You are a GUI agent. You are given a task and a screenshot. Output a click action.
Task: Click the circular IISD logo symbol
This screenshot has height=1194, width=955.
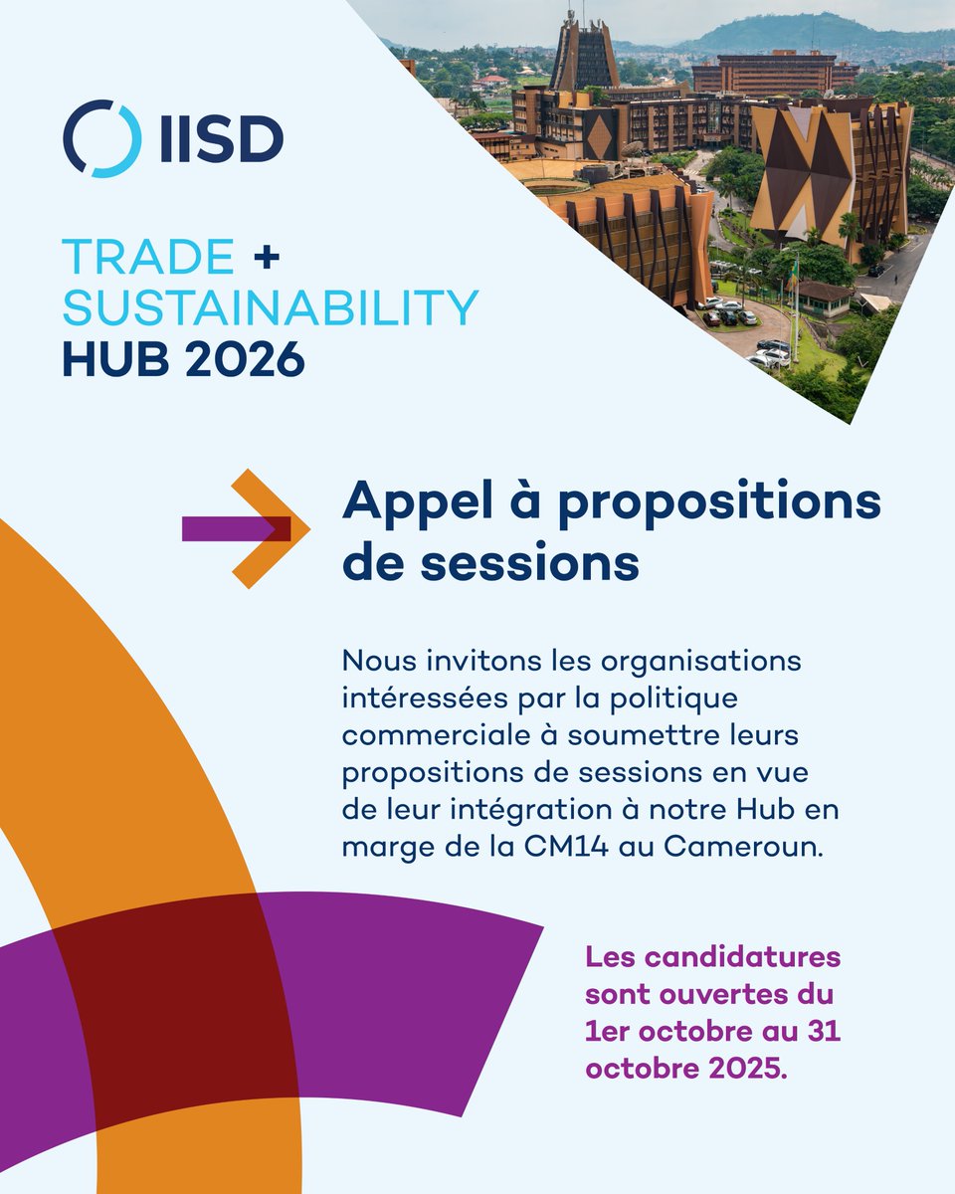pyautogui.click(x=101, y=138)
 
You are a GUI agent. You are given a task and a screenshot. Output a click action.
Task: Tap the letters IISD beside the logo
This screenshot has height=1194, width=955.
pyautogui.click(x=221, y=139)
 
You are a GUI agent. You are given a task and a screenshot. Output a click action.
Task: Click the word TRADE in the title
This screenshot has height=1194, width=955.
pyautogui.click(x=148, y=259)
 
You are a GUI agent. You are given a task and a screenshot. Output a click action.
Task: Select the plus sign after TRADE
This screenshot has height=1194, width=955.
pyautogui.click(x=266, y=259)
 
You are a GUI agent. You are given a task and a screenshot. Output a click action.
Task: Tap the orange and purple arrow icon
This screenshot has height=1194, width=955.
pyautogui.click(x=246, y=528)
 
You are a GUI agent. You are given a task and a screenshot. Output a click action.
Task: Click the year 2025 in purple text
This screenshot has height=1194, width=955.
pyautogui.click(x=741, y=1070)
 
